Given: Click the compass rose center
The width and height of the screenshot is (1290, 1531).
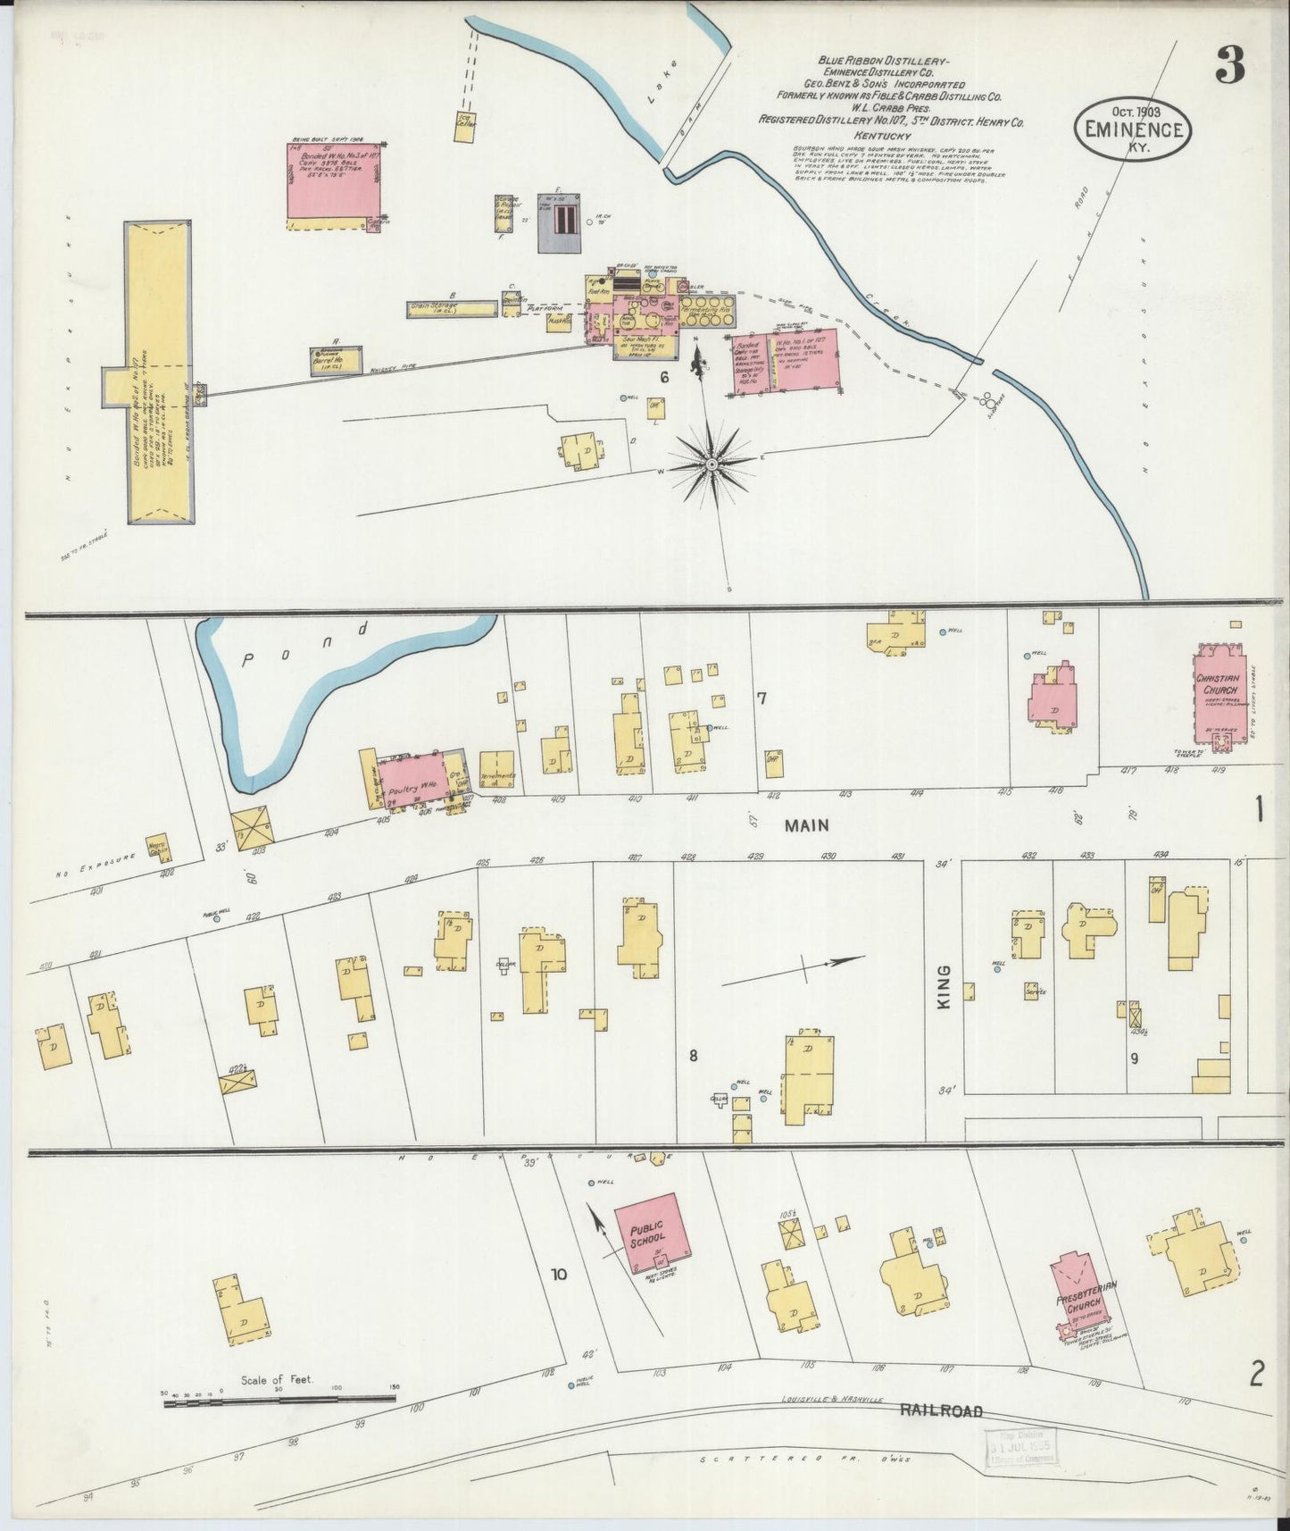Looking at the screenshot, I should pyautogui.click(x=712, y=464).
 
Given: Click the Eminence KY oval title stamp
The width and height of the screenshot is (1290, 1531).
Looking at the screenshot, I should pyautogui.click(x=1133, y=130).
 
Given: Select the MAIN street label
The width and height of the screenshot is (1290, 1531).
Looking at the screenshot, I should pyautogui.click(x=806, y=826).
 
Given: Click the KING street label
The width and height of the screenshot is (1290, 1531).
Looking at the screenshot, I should pyautogui.click(x=945, y=987).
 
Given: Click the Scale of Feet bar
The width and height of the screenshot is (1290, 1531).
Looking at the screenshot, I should pyautogui.click(x=279, y=1401).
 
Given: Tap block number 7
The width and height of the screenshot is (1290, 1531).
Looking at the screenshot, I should pyautogui.click(x=762, y=699).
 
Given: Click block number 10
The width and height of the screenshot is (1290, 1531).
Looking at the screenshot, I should pyautogui.click(x=559, y=1274).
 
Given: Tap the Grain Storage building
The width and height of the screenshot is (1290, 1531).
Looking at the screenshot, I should pyautogui.click(x=452, y=309).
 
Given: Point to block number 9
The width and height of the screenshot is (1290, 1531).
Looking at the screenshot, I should pyautogui.click(x=1134, y=1058).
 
